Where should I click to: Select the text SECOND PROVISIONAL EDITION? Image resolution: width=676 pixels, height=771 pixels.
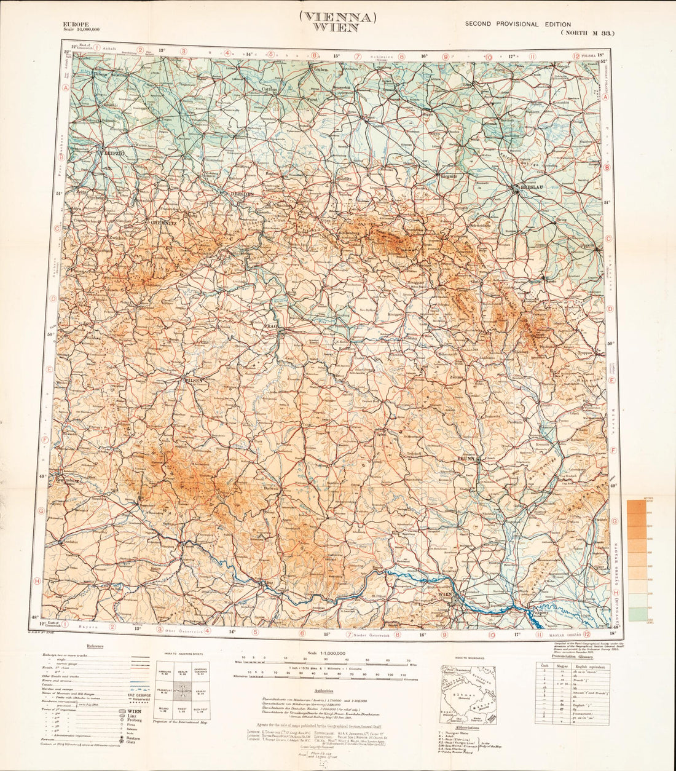(x=517, y=25)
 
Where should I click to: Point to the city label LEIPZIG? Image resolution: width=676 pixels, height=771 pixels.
(x=114, y=151)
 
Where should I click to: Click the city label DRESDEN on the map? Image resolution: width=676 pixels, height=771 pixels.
(x=242, y=194)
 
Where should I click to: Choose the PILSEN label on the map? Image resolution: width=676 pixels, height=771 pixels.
(x=190, y=381)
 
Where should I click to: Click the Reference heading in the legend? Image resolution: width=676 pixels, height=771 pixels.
(x=95, y=646)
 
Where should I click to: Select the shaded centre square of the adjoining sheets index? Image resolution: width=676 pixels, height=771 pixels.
(x=183, y=694)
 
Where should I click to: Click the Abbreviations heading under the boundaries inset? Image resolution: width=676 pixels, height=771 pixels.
(x=467, y=727)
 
